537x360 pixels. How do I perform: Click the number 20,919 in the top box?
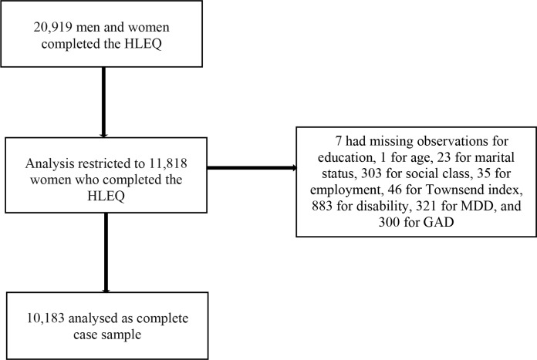[52, 27]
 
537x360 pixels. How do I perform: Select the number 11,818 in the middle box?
[168, 163]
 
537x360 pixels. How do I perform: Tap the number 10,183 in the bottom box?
[46, 318]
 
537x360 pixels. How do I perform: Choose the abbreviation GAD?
[438, 222]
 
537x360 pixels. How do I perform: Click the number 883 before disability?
[322, 206]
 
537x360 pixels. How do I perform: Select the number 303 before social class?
[371, 173]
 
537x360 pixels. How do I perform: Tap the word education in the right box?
[345, 157]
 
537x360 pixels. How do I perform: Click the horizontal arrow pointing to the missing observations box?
[252, 168]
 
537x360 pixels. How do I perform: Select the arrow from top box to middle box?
[103, 103]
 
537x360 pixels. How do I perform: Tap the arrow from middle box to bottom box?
[106, 253]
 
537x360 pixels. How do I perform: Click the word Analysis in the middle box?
[49, 164]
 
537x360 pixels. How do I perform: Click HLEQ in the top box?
[143, 44]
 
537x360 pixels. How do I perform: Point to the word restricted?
[104, 163]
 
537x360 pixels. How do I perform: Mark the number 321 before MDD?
[427, 206]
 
